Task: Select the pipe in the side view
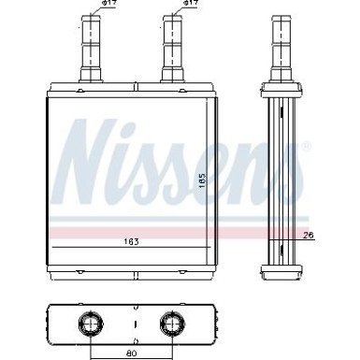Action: (x=281, y=47)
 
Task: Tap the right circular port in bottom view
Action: (x=171, y=324)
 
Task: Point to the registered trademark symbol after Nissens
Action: (x=307, y=147)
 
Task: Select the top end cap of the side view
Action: (x=281, y=90)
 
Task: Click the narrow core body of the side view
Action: (x=281, y=178)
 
